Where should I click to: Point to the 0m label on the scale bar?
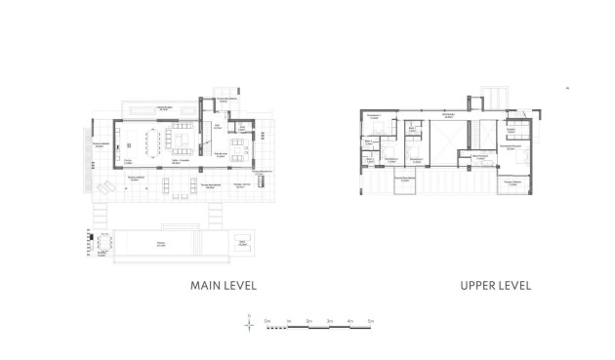coord(266,320)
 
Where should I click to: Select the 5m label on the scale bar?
coord(371,320)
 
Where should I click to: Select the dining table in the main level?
coord(153,145)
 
